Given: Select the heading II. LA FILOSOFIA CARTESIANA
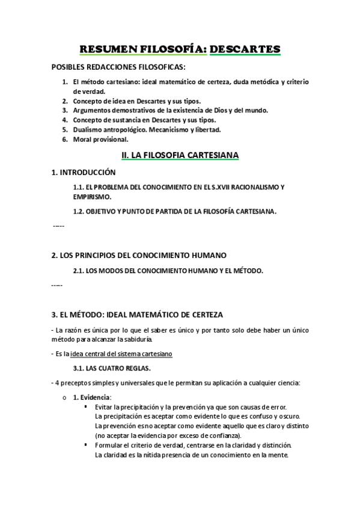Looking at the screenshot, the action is (x=180, y=155).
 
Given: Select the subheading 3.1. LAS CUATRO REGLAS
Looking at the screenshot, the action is (x=112, y=367).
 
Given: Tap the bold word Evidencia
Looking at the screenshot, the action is (x=96, y=397).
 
